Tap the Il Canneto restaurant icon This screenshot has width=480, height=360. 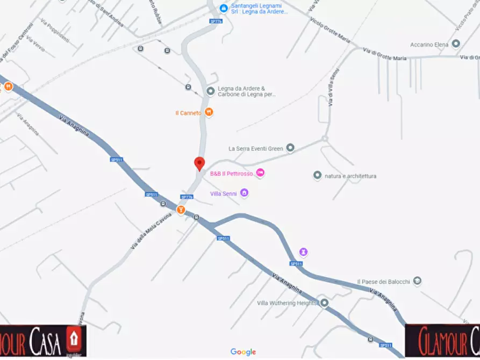coord(210,112)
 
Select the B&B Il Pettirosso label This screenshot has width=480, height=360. coord(231,174)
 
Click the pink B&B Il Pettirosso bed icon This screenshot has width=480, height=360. coord(261,173)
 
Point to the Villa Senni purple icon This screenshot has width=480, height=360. coord(244,193)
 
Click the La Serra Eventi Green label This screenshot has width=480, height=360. coord(256,148)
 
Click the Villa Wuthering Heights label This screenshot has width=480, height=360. coord(287,303)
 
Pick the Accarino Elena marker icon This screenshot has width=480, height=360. coord(456,44)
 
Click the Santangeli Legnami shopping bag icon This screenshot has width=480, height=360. coord(224,8)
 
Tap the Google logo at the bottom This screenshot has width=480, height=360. coord(243,352)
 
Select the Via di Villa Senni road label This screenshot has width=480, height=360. coord(333,86)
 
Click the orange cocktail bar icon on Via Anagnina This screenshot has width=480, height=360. coord(181,210)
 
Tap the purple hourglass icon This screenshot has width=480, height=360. coord(304,251)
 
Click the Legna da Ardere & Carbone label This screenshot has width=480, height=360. coord(247,91)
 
